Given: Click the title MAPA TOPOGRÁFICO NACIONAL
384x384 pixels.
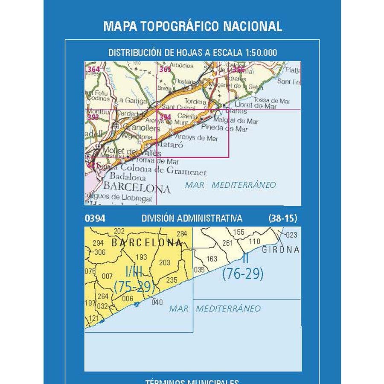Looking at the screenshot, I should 192,26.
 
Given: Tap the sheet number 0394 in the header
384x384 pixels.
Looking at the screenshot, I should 95,218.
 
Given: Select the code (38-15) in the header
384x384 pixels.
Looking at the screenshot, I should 282,218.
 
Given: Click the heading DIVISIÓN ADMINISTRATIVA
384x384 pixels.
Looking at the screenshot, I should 192,218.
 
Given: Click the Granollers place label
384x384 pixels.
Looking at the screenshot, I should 135,128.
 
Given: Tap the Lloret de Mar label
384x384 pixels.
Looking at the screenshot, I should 256,105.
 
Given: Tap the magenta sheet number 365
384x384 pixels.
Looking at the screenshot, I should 165,70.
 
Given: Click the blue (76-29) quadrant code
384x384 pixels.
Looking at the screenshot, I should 242,274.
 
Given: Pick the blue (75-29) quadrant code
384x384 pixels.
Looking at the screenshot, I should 134,287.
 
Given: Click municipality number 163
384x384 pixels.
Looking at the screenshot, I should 212,259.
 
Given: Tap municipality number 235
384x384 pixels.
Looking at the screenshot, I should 171,280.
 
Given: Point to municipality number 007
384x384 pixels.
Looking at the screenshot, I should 108,276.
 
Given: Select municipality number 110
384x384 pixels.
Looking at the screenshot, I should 254,241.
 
